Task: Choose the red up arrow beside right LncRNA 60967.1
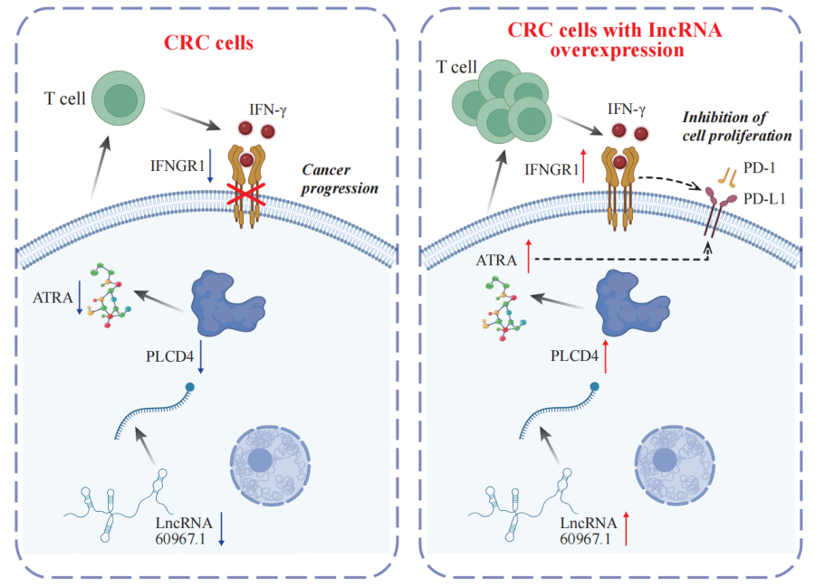[x=625, y=530]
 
